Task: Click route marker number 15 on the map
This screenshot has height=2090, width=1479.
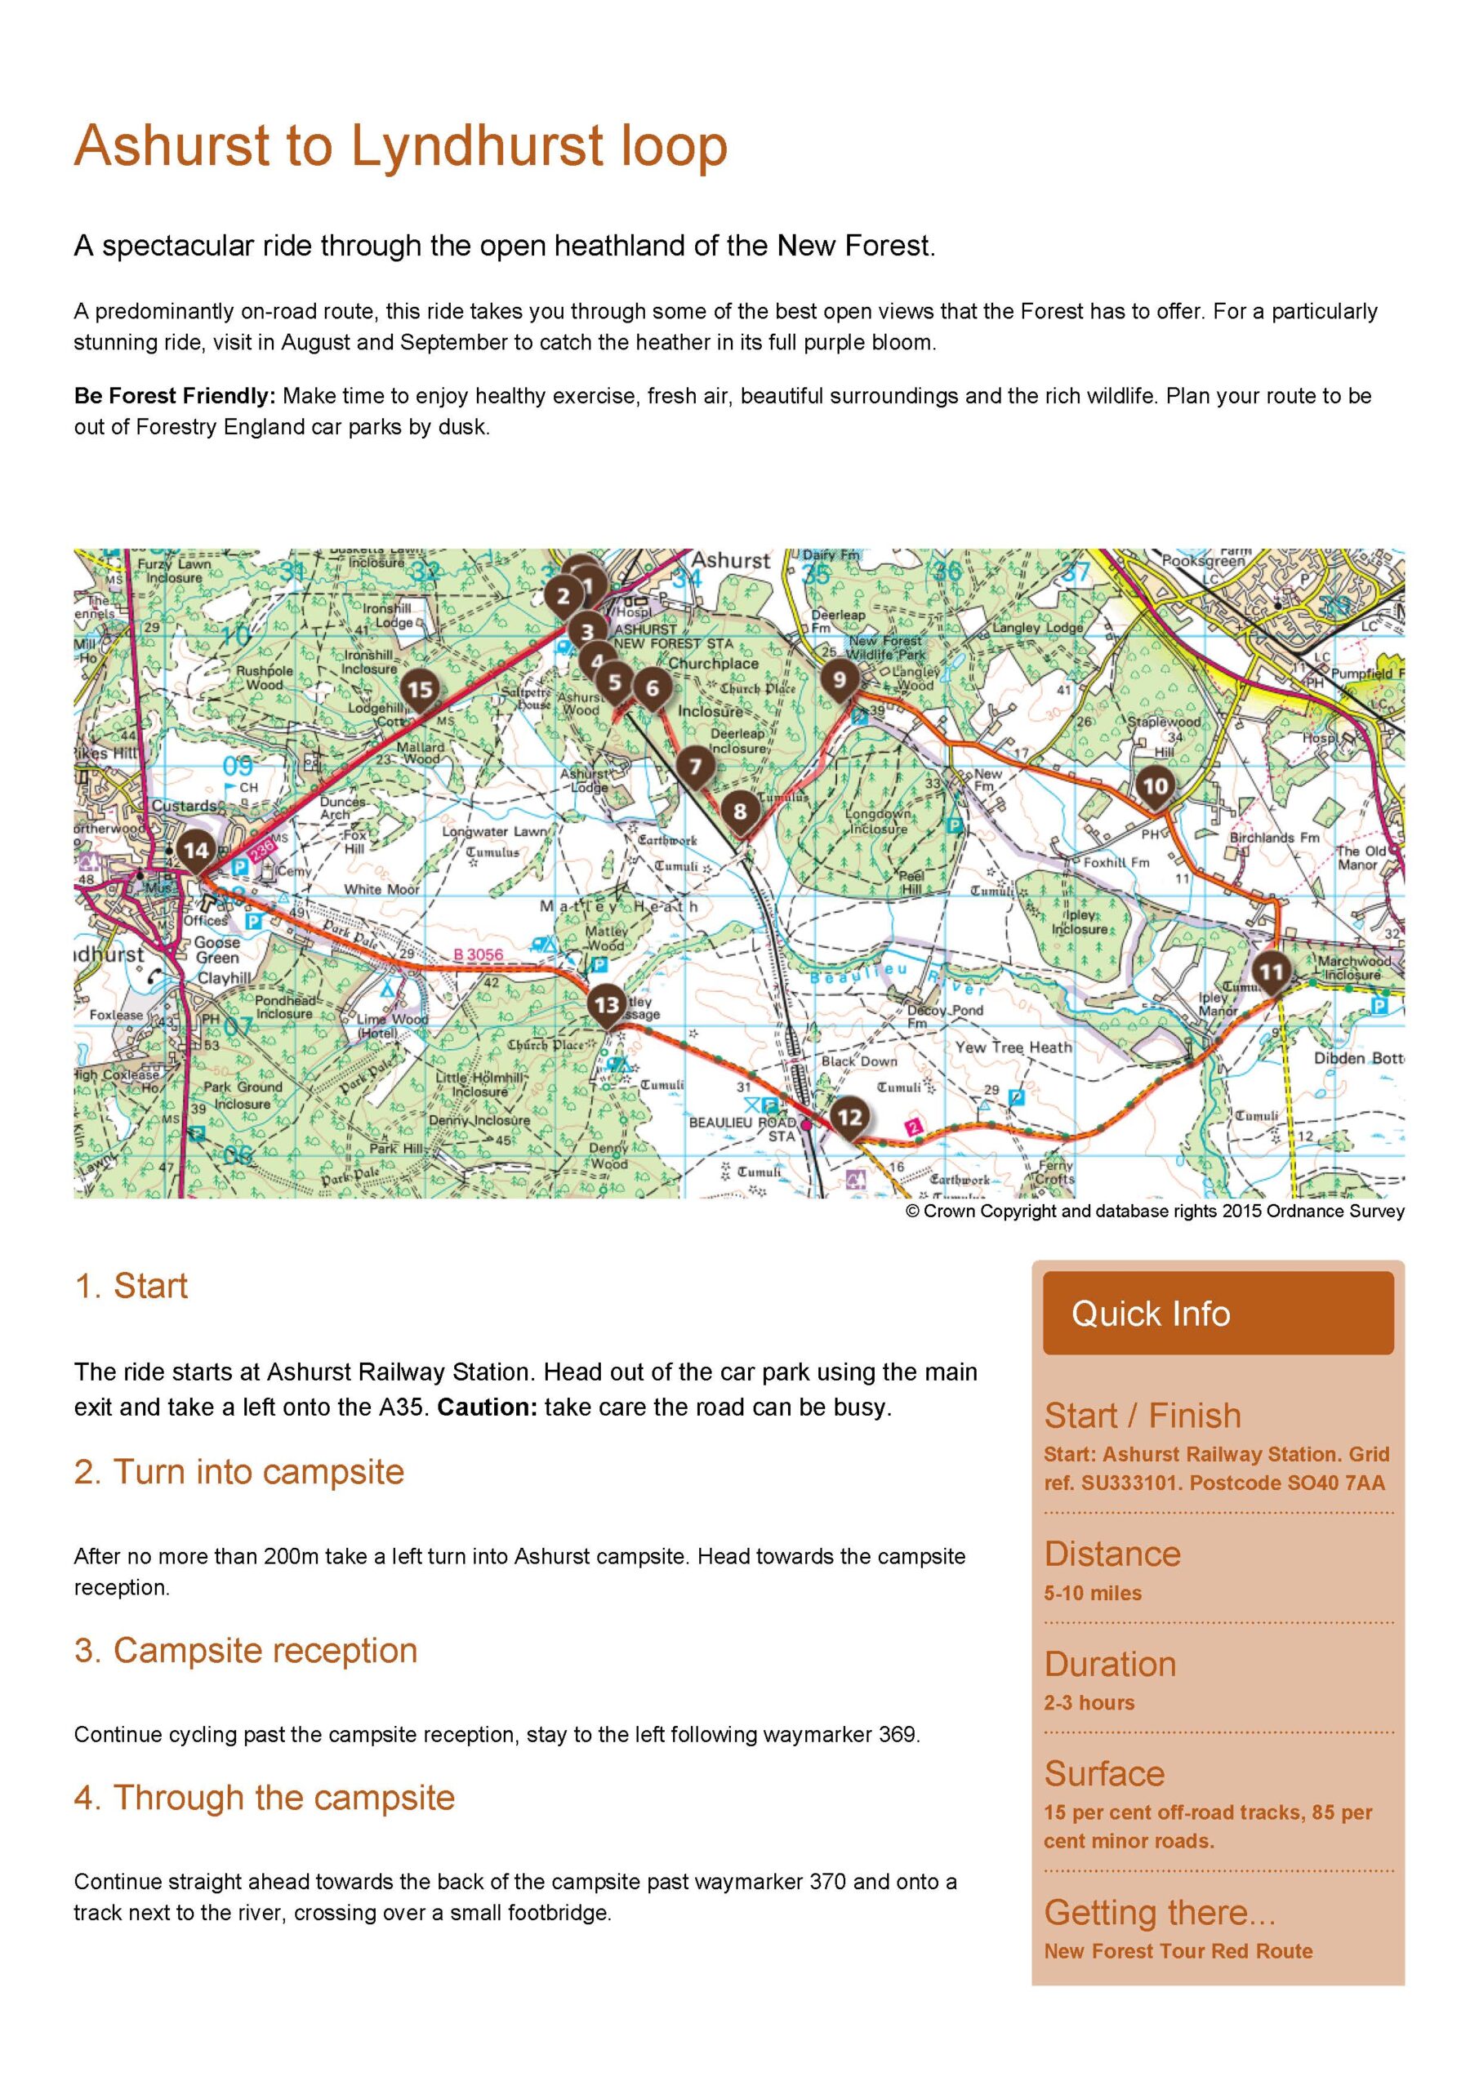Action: point(420,690)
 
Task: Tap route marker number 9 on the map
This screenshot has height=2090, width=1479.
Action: point(839,678)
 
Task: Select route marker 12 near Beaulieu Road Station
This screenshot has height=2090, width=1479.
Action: point(849,1117)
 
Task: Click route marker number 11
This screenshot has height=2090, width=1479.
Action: point(1271,972)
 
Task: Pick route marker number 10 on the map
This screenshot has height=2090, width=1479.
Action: point(1154,785)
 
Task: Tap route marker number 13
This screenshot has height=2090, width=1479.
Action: point(607,1005)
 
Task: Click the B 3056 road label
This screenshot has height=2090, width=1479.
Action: point(478,955)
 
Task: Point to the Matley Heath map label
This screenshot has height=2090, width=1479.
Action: point(619,907)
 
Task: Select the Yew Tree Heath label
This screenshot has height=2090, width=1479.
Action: point(1013,1047)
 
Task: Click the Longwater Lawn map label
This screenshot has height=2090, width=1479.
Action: point(495,831)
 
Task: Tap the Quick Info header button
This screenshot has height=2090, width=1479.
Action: point(1218,1314)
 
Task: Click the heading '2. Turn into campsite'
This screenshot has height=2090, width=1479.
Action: point(238,1472)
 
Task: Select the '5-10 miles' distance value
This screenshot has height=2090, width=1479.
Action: point(1092,1593)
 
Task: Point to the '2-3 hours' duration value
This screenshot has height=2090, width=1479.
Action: point(1089,1702)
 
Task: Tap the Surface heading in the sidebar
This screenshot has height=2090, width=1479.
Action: point(1104,1773)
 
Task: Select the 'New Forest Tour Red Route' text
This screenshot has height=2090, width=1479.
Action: point(1178,1950)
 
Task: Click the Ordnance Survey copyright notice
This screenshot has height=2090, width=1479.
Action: point(1155,1212)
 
